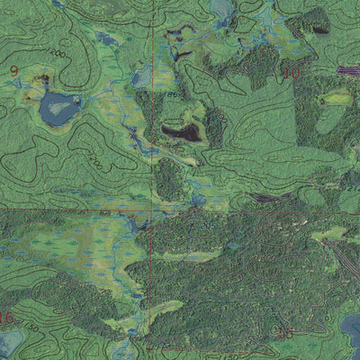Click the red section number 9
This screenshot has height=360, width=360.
[13, 70]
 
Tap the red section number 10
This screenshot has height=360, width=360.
[290, 72]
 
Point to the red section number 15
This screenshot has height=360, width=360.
[286, 332]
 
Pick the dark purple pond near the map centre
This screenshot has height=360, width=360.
[182, 133]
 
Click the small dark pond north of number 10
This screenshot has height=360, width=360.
[319, 29]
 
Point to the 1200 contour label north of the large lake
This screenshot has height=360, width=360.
[59, 55]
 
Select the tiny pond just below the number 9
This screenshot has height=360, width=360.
[40, 79]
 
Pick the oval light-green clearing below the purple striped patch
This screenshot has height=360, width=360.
[337, 97]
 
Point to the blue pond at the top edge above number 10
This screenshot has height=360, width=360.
[220, 9]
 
